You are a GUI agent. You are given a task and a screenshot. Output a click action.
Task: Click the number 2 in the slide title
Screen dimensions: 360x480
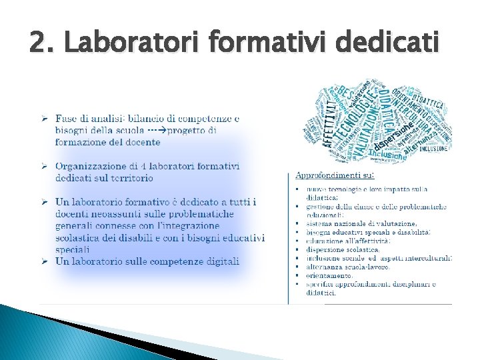coord(39,43)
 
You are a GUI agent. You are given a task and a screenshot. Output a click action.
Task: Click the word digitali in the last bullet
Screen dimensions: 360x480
coord(220,261)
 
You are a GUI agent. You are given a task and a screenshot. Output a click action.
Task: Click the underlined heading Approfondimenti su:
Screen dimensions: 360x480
coord(335,175)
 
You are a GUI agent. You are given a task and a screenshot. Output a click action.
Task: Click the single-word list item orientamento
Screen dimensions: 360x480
coord(329,275)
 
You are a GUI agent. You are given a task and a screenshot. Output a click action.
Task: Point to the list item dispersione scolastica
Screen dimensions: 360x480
coord(343,249)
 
